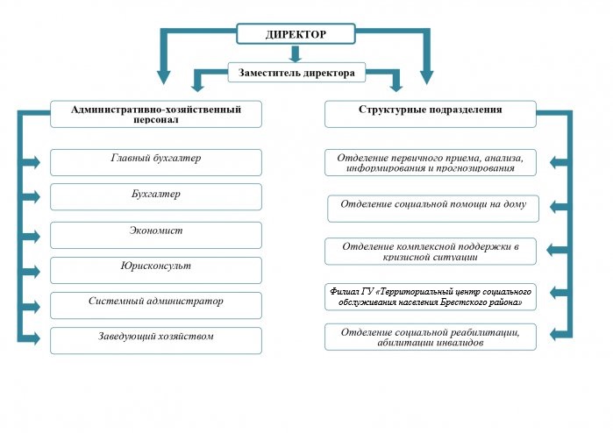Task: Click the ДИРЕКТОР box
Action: click(x=296, y=34)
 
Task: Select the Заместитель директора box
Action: click(x=296, y=73)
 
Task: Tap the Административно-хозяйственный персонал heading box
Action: click(x=156, y=114)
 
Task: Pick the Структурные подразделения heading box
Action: click(x=431, y=114)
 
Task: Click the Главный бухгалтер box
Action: click(x=156, y=162)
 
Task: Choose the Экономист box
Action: click(x=156, y=235)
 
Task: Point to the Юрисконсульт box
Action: click(x=156, y=271)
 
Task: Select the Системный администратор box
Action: click(x=156, y=306)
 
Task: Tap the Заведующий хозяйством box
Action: click(x=156, y=341)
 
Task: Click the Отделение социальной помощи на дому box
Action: click(x=433, y=209)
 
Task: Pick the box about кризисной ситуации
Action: click(x=431, y=252)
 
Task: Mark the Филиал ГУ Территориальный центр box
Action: click(x=431, y=297)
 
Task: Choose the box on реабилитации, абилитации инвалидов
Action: click(x=431, y=337)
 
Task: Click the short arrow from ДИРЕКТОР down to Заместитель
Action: click(x=296, y=54)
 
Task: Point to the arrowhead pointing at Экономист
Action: click(x=35, y=236)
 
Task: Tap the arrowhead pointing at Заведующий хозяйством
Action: click(x=35, y=338)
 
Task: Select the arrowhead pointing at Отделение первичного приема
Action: click(x=554, y=162)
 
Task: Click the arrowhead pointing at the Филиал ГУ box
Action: click(x=554, y=292)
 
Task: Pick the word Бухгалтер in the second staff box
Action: click(x=156, y=195)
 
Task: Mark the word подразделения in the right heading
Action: click(x=466, y=110)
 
